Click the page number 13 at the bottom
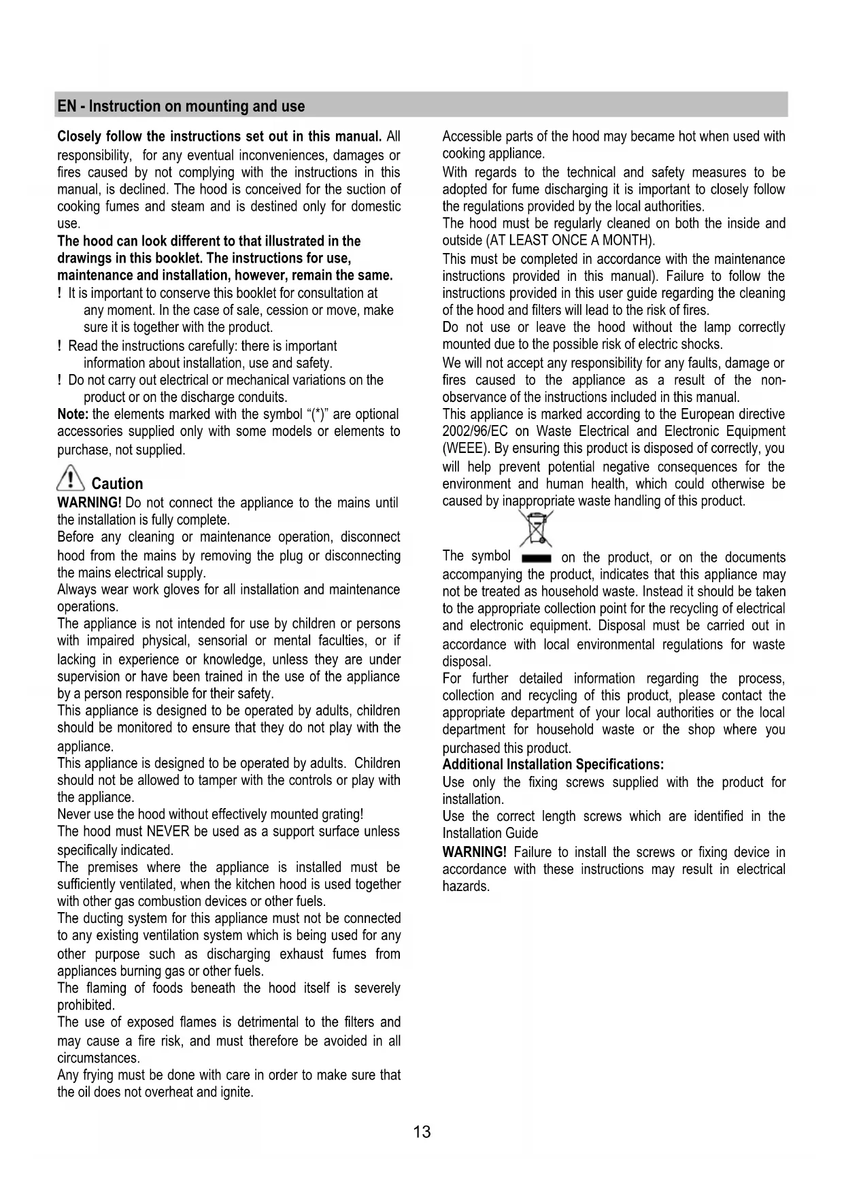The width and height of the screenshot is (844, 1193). coord(422,1132)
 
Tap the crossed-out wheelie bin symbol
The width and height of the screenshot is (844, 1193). coord(535,528)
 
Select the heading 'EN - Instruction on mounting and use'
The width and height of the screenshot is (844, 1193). coord(181,106)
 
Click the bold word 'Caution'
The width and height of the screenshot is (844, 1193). coord(117,484)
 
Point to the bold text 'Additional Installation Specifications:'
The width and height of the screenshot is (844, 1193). coord(553,764)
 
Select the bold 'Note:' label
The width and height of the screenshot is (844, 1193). coord(73,414)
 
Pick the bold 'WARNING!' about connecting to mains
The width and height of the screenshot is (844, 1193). coord(89,503)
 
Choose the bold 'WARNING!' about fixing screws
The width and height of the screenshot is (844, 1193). coord(474,852)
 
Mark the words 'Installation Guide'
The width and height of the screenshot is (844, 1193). coord(490,833)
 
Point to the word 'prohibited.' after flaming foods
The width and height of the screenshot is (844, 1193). coord(86,1005)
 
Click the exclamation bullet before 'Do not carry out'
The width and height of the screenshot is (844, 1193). coord(61,380)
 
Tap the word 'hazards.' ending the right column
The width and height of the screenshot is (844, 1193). coord(466,886)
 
